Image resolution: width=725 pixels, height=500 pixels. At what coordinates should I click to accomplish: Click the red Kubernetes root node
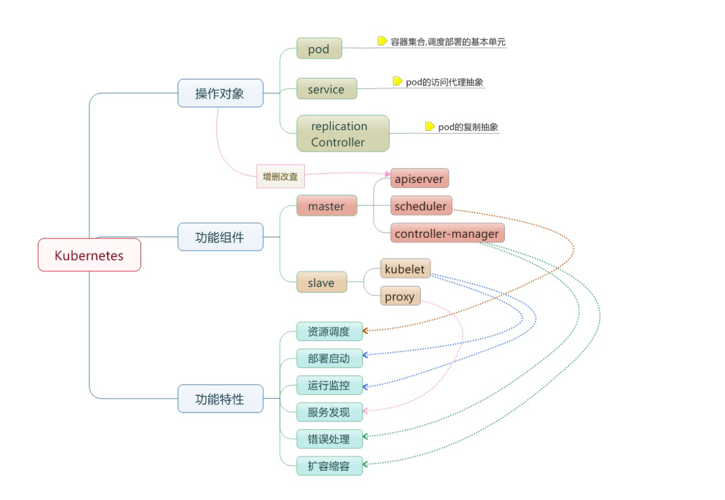(89, 255)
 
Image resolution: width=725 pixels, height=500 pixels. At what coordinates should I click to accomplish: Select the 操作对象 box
(220, 93)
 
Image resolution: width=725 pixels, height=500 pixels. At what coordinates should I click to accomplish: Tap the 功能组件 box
(220, 237)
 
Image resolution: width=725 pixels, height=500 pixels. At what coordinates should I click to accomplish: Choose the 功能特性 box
(220, 399)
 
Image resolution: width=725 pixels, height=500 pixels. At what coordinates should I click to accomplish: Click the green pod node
(319, 49)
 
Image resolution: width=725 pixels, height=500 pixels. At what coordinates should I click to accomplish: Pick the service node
(326, 89)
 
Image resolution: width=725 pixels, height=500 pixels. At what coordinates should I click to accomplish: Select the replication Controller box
(343, 134)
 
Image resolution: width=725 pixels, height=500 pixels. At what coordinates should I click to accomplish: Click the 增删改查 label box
(280, 176)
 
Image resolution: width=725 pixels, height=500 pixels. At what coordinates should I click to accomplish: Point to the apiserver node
(419, 179)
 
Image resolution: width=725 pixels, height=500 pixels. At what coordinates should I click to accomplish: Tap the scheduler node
(421, 206)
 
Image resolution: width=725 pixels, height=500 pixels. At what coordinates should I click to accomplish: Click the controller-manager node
(447, 233)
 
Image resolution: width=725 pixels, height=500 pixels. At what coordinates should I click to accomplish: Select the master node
(326, 206)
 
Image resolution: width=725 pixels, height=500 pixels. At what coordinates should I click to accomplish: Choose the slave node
(321, 282)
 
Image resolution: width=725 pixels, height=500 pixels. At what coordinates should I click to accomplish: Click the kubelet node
(405, 269)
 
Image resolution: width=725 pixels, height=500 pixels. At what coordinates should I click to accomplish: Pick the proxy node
(400, 296)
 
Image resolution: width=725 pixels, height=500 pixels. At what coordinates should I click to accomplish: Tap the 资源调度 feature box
(329, 331)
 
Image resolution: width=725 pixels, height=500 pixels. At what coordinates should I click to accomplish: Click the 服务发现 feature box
(329, 412)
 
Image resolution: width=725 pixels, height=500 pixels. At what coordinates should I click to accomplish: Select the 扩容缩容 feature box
(329, 466)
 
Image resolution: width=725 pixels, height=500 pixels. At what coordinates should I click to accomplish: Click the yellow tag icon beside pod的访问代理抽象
(397, 81)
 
